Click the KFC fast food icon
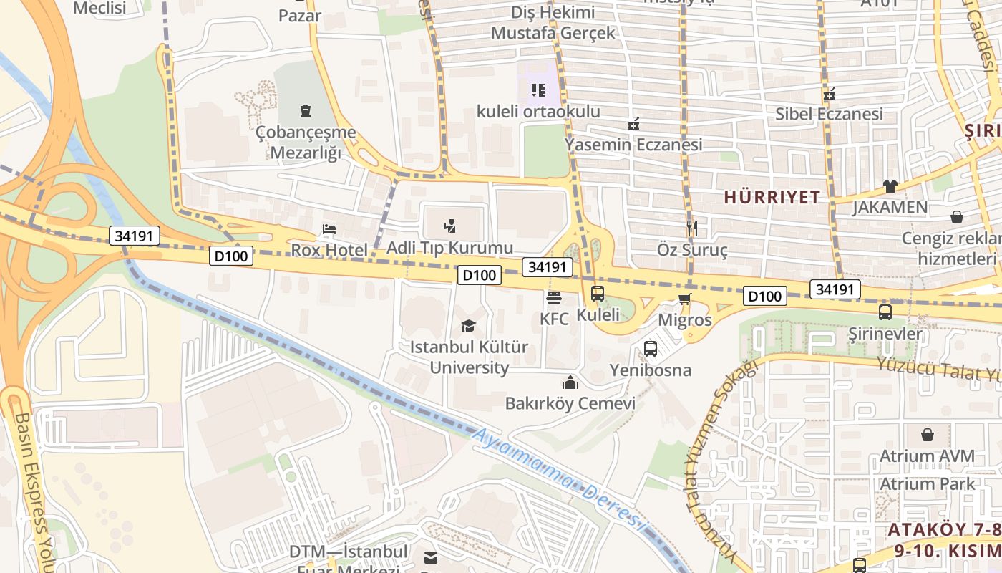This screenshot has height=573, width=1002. (x=553, y=297)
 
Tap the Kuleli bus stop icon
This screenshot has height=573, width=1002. (x=598, y=294)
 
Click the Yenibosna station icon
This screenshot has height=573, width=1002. (x=650, y=349)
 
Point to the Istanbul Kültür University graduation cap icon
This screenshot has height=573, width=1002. (x=468, y=327)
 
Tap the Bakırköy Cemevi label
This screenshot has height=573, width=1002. (x=570, y=403)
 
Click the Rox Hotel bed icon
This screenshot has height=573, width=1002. (x=329, y=229)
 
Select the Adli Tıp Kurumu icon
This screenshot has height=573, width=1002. (x=449, y=227)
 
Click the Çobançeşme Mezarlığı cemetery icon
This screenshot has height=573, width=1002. (x=306, y=111)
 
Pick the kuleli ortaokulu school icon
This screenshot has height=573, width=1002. (x=538, y=90)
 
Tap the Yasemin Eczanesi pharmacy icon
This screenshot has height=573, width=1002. (x=633, y=124)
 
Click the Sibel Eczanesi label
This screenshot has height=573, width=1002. (x=830, y=114)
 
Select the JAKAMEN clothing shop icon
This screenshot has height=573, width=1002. (x=890, y=186)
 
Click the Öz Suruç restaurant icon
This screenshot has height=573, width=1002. (x=691, y=228)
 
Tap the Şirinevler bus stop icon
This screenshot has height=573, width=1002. (x=885, y=312)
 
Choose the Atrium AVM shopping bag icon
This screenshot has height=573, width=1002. (x=927, y=435)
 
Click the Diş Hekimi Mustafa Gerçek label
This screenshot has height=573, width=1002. (x=553, y=22)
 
